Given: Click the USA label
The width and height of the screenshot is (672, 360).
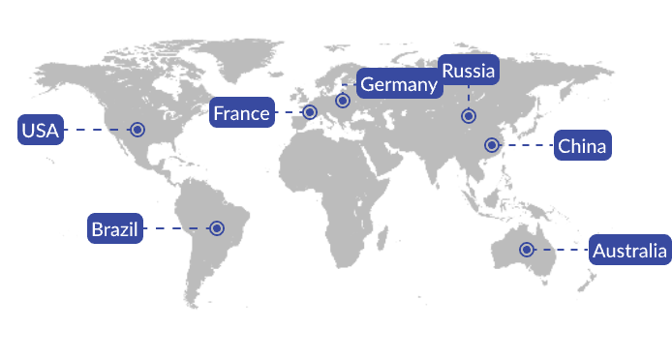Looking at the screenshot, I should coord(41,130).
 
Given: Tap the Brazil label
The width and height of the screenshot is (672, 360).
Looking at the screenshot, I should coord(115,229).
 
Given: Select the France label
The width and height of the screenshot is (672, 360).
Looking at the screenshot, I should coord(241,113).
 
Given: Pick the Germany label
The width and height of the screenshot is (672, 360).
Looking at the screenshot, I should coord(399,85).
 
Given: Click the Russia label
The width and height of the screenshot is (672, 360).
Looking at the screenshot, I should coord(469,71).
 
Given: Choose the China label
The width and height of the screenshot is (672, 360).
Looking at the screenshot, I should coord(582,146).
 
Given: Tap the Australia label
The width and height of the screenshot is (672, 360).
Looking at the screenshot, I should coord(629,252).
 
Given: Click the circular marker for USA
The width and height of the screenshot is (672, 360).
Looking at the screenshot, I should coord(137,129).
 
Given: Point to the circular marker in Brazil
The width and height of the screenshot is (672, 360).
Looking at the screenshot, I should coord(217,228).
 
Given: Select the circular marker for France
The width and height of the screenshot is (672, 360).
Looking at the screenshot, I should coord(310,112).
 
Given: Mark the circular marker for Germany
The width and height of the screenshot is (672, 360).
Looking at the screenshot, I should coord(343,101).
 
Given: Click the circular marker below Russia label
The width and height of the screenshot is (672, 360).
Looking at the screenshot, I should coord(469,116).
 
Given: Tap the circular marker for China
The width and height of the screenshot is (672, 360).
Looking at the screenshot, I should coord(492,145).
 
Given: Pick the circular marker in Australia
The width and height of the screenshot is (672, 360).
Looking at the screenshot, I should coord(526,250).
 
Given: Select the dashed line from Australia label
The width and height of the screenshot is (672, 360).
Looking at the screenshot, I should coord(562,251).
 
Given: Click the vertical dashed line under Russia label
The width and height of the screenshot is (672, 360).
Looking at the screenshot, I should coord(469,96).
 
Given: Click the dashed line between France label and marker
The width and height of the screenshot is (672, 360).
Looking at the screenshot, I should coord(289,113).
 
